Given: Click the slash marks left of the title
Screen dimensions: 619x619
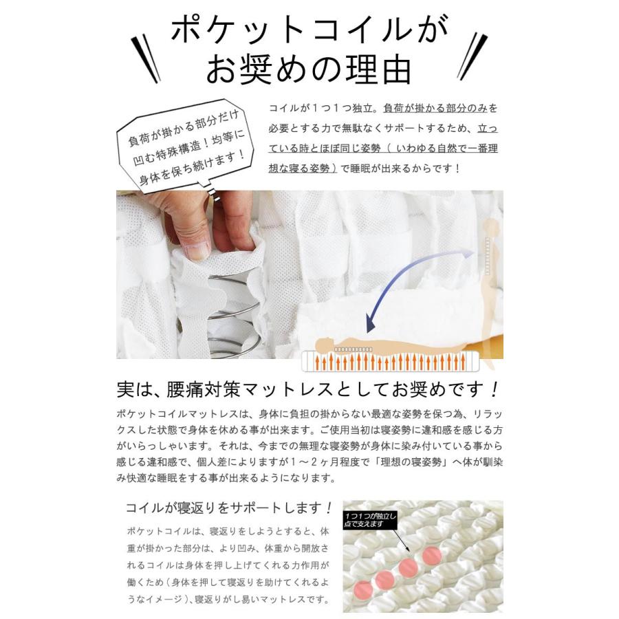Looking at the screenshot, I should (x=146, y=58).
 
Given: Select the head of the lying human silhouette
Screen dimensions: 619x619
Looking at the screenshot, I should (x=324, y=344).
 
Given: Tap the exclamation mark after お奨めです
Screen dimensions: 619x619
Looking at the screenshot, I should (x=495, y=390).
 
